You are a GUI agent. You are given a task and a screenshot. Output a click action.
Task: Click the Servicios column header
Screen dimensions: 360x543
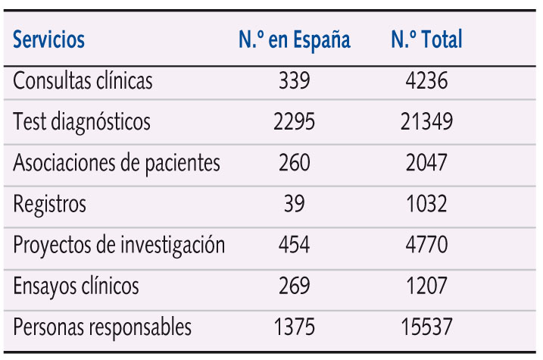(49, 39)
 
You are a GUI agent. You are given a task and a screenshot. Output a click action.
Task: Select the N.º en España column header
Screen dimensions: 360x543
(295, 39)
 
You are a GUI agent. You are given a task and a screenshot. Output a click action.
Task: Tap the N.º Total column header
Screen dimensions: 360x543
(426, 39)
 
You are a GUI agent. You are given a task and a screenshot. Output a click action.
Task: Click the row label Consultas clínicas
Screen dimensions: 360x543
(83, 81)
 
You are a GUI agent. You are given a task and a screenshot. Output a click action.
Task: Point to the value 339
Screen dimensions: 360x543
(294, 81)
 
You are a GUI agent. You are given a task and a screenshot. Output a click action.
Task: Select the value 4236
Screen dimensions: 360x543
(426, 81)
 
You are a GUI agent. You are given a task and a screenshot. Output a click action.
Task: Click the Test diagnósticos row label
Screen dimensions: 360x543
(82, 122)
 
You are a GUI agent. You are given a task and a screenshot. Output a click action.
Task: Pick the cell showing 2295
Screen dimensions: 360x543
(294, 122)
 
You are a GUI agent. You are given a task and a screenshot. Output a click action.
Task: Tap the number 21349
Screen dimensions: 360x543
(426, 122)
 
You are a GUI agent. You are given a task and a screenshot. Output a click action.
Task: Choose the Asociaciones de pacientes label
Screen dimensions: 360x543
(117, 163)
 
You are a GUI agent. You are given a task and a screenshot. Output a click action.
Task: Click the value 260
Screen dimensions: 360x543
(294, 163)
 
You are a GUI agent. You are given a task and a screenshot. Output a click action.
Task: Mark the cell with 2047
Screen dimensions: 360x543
(426, 163)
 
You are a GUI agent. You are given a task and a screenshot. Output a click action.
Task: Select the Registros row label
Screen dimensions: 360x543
(50, 204)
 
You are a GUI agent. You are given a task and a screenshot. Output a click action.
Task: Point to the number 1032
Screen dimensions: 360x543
(426, 204)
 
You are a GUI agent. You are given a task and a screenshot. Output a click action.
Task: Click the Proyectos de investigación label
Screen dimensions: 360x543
(119, 246)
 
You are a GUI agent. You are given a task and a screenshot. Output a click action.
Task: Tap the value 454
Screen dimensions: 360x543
(294, 246)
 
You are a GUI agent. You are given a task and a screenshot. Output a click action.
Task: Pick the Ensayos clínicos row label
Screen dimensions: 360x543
(76, 286)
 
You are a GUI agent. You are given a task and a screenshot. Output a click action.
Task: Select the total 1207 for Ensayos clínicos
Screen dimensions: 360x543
(426, 286)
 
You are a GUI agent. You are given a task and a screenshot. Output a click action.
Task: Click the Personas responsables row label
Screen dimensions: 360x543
(102, 327)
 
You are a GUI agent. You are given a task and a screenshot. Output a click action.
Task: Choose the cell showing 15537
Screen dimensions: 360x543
(426, 327)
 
